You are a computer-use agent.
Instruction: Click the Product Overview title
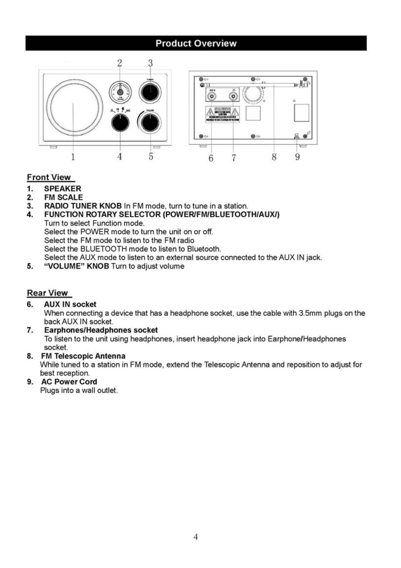pyautogui.click(x=196, y=44)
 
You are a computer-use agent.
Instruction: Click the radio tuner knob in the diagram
pyautogui.click(x=150, y=92)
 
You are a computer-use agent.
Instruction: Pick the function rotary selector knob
pyautogui.click(x=120, y=123)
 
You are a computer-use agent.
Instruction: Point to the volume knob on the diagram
pyautogui.click(x=150, y=123)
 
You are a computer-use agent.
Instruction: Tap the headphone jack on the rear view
pyautogui.click(x=233, y=97)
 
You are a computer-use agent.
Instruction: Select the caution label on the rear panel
pyautogui.click(x=223, y=114)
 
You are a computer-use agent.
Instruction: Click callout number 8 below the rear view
pyautogui.click(x=274, y=157)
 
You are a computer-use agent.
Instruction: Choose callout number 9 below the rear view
pyautogui.click(x=297, y=157)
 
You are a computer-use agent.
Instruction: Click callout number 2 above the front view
pyautogui.click(x=119, y=63)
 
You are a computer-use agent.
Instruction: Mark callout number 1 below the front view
pyautogui.click(x=73, y=157)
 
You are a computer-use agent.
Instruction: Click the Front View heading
pyautogui.click(x=49, y=177)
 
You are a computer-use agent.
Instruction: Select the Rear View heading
pyautogui.click(x=48, y=293)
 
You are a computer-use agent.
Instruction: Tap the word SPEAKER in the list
pyautogui.click(x=63, y=189)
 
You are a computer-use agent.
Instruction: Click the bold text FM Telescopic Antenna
pyautogui.click(x=83, y=356)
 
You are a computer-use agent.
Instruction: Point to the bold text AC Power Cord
pyautogui.click(x=69, y=382)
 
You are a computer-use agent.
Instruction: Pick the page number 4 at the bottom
pyautogui.click(x=196, y=537)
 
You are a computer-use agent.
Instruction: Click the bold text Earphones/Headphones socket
pyautogui.click(x=101, y=330)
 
